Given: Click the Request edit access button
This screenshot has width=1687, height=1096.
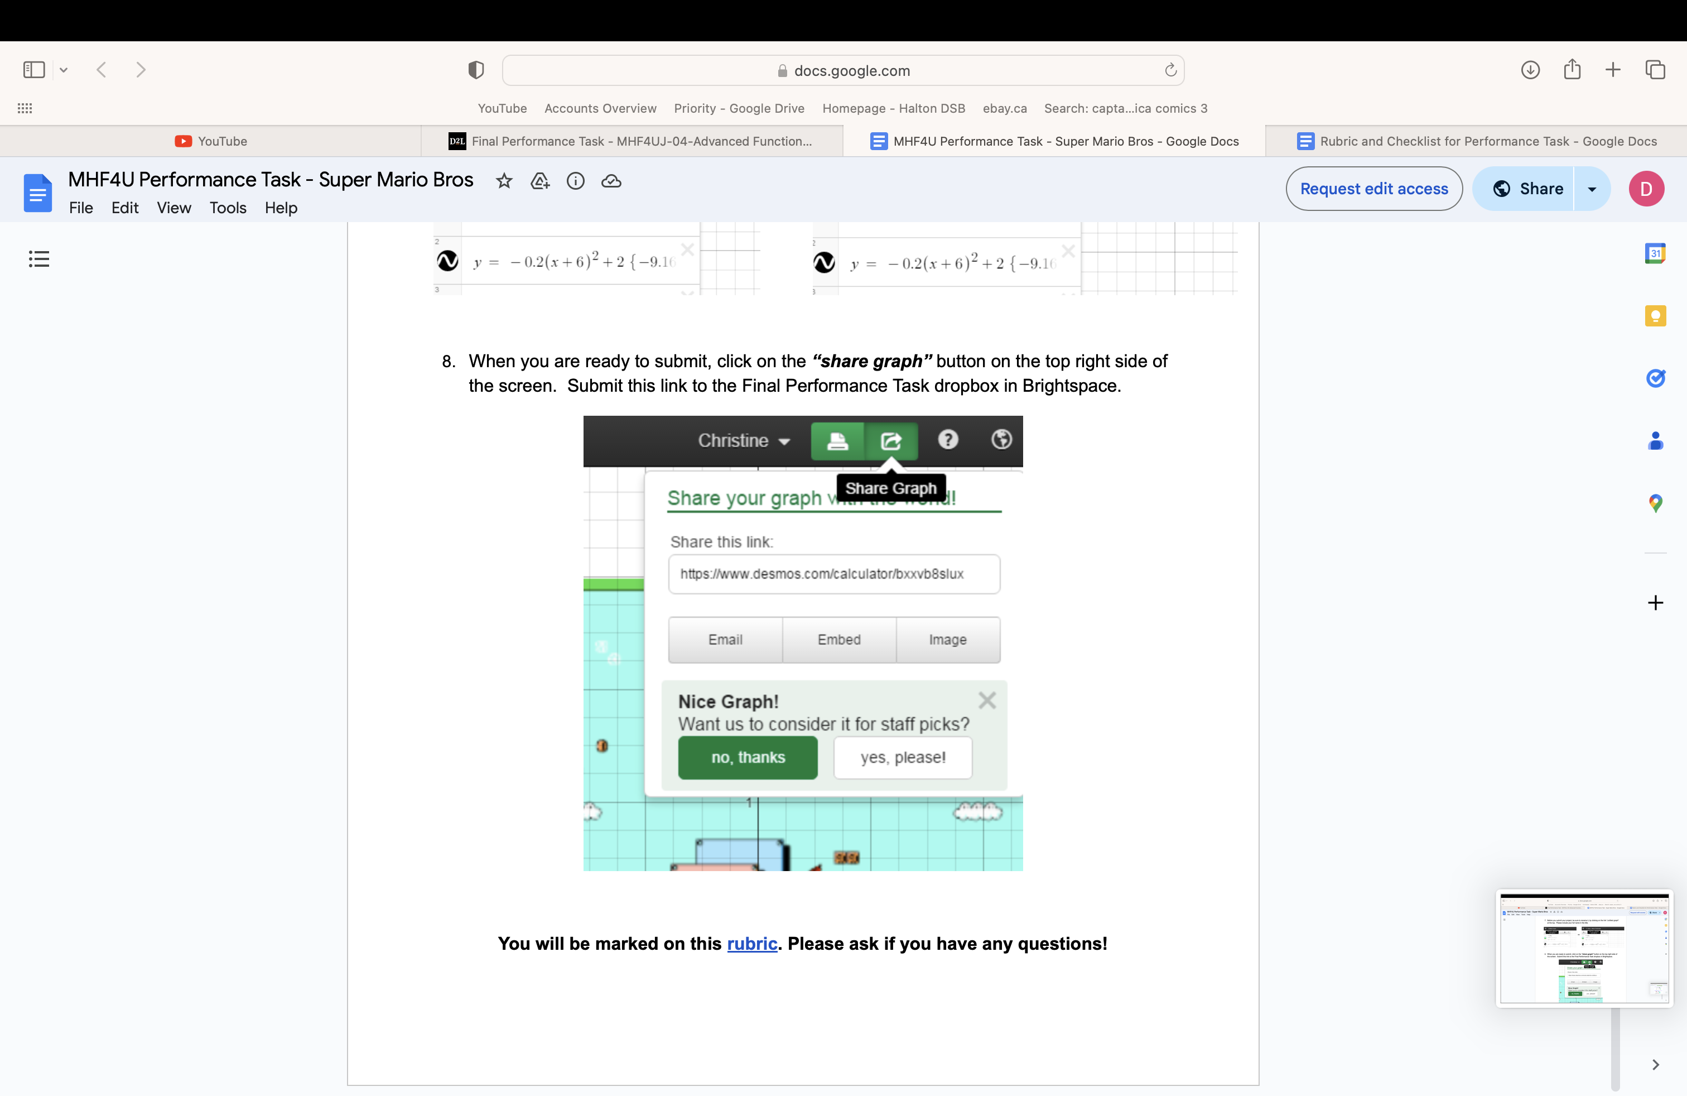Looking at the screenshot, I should [1373, 189].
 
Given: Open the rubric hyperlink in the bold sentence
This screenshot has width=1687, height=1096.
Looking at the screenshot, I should [752, 944].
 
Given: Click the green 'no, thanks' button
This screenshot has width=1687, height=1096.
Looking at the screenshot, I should [748, 757].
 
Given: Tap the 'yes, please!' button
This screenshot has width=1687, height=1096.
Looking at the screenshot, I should [902, 757].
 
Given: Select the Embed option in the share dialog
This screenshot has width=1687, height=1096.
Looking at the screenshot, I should [838, 640].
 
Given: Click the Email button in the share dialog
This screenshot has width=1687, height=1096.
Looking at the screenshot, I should [725, 640].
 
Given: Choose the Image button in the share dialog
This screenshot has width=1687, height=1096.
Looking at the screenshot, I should [947, 640].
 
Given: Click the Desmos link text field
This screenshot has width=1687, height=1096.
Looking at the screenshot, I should [833, 574].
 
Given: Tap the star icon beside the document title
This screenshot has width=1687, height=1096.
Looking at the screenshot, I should [504, 181].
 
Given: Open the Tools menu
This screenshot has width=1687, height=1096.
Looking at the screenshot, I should [228, 208].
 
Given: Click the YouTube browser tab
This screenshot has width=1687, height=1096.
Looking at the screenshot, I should [211, 141].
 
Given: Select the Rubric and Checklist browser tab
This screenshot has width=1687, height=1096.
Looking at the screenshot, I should [1477, 141].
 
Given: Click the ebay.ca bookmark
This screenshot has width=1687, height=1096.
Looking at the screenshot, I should [1004, 108].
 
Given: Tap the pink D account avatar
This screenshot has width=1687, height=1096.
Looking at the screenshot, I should [1646, 189].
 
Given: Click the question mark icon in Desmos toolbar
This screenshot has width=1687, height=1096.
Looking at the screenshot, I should [948, 440].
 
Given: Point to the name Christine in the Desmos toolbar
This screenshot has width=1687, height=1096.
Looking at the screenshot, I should [733, 440].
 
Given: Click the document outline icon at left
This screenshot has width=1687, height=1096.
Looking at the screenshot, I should [39, 259].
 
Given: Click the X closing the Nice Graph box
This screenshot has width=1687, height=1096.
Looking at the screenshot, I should [987, 700].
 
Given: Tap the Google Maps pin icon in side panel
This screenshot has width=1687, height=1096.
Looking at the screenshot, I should [1655, 503].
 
